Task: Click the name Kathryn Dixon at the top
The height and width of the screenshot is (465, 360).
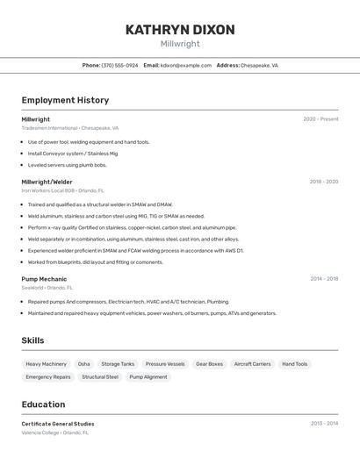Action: [180, 30]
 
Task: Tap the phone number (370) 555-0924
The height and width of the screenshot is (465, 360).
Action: [119, 65]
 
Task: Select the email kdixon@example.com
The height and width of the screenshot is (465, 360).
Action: [185, 65]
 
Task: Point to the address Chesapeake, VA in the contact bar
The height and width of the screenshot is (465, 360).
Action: [259, 65]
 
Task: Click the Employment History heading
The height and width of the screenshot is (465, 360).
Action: [65, 100]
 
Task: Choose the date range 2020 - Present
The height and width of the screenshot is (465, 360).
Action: [320, 119]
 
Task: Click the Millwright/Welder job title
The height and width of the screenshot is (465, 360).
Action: [47, 182]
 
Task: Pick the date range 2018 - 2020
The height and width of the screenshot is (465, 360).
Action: [323, 182]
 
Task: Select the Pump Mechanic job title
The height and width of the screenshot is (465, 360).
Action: [44, 279]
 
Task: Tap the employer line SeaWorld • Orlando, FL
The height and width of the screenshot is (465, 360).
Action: [47, 288]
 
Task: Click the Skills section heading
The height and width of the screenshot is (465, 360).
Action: [32, 340]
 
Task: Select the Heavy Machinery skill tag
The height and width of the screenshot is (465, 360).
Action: [46, 364]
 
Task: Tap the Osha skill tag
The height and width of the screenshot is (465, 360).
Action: [83, 364]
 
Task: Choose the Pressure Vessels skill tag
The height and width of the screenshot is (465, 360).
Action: [165, 364]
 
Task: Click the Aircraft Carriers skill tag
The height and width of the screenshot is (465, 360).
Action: [252, 364]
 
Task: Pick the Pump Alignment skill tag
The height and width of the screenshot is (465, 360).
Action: [148, 377]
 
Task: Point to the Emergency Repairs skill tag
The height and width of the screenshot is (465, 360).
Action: [48, 377]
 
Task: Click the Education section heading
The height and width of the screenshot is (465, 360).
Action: [43, 404]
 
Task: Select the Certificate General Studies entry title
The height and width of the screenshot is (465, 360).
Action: [58, 424]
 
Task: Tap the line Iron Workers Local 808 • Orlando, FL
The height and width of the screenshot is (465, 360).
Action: [62, 190]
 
